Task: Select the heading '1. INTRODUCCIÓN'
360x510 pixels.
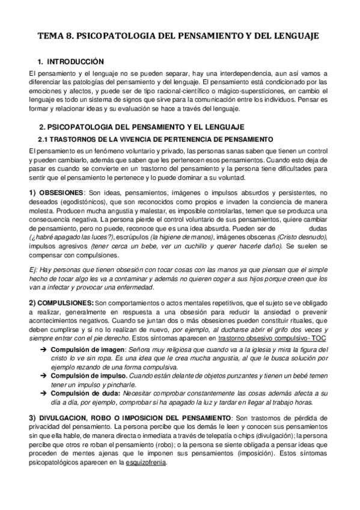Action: click(x=70, y=62)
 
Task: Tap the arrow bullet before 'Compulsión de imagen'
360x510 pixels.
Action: click(x=44, y=350)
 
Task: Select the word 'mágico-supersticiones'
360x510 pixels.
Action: click(x=224, y=91)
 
